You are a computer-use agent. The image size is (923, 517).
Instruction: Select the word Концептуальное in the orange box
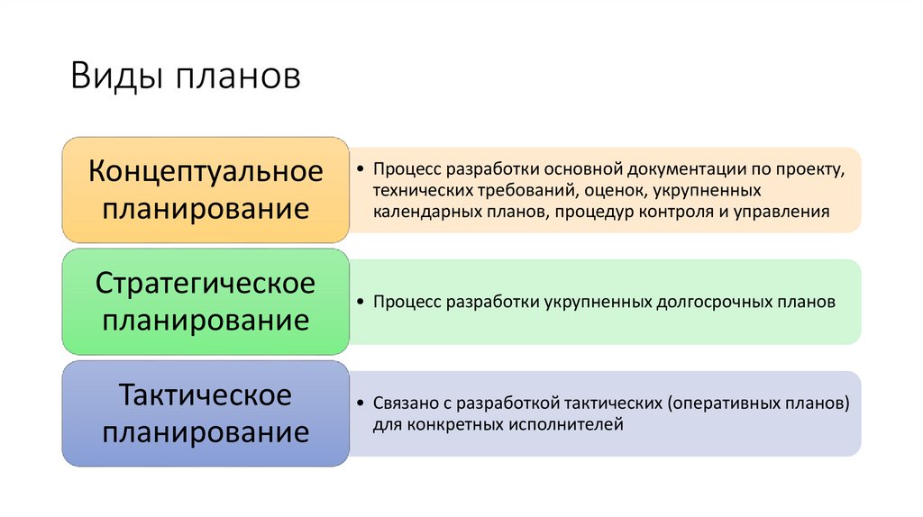pyautogui.click(x=206, y=170)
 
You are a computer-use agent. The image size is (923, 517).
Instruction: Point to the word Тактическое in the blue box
pyautogui.click(x=206, y=395)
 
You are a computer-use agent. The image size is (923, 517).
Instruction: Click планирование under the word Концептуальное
pyautogui.click(x=206, y=209)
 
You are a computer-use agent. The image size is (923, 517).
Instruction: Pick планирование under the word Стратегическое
pyautogui.click(x=206, y=321)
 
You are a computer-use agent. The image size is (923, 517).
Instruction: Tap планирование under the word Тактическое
pyautogui.click(x=206, y=433)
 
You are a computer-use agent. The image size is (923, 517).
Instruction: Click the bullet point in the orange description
pyautogui.click(x=361, y=168)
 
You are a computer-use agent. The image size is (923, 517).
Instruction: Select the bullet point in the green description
pyautogui.click(x=361, y=303)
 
